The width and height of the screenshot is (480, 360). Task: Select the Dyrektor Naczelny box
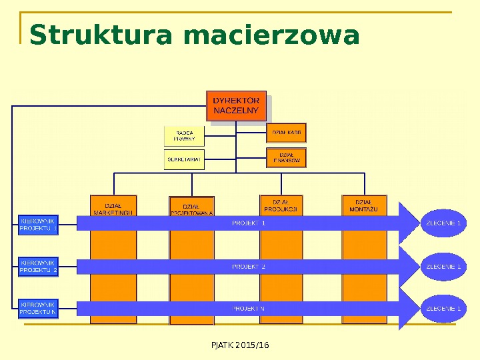(x=237, y=106)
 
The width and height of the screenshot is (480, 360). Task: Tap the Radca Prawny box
(x=185, y=136)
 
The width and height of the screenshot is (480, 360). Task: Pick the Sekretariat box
(x=185, y=160)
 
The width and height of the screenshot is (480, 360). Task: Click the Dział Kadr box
(x=287, y=133)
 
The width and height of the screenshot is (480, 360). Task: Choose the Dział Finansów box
(x=287, y=158)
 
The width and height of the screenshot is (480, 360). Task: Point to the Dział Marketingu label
(x=113, y=207)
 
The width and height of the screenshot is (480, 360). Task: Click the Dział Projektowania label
(x=192, y=207)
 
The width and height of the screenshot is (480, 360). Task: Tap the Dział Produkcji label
(x=281, y=205)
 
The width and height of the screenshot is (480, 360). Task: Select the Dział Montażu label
(x=364, y=205)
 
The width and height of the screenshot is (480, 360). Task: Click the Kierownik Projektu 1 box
(x=38, y=224)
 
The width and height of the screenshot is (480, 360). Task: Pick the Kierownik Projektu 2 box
(x=38, y=267)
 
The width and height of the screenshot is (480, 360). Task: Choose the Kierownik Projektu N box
(x=38, y=308)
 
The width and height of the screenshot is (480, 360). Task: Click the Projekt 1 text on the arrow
(x=249, y=223)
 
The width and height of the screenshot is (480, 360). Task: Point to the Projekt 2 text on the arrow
(x=249, y=267)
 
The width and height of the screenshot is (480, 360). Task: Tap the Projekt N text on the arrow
(x=249, y=309)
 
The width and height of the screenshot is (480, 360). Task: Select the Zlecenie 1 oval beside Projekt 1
(x=443, y=223)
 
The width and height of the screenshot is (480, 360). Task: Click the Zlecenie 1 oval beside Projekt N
(x=443, y=309)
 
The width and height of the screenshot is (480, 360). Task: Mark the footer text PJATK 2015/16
(x=239, y=345)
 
